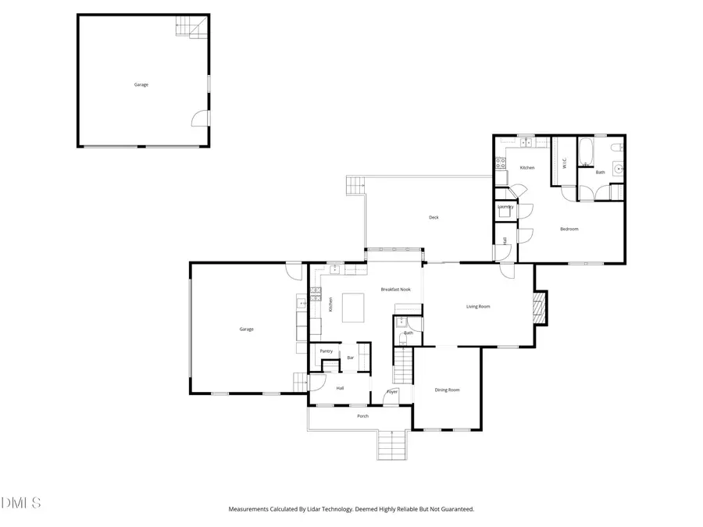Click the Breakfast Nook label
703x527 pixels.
[395, 290]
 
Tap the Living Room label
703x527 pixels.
[478, 307]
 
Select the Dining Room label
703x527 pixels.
[447, 390]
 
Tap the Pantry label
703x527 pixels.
[326, 351]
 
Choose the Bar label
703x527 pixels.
[351, 358]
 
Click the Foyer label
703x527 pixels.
[392, 391]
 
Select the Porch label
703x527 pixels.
[362, 416]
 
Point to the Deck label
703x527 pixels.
[434, 218]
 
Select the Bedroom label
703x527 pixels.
[569, 229]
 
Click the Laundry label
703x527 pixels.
[505, 207]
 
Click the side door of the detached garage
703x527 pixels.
[202, 118]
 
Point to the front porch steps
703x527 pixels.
[392, 446]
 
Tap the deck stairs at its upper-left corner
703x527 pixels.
[356, 187]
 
